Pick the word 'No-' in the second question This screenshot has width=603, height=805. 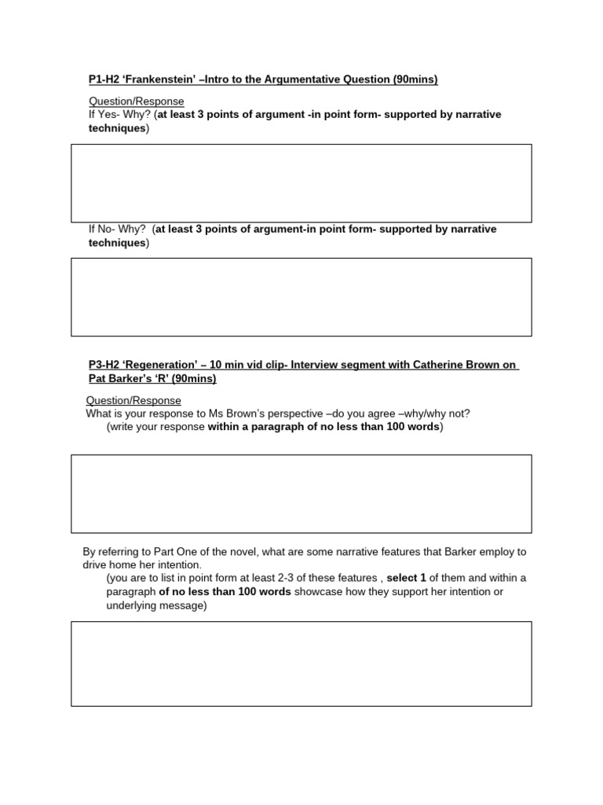click(x=108, y=229)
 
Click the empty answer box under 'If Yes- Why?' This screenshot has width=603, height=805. click(x=301, y=182)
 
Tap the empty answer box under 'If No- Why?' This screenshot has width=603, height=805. click(x=301, y=296)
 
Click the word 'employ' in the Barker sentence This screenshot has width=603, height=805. click(x=497, y=551)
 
